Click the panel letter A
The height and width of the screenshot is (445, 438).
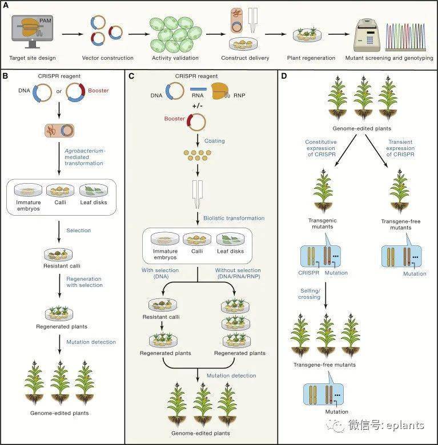(x=5, y=5)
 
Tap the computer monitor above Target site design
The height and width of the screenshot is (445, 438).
(x=32, y=31)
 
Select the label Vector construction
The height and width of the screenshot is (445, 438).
(x=108, y=58)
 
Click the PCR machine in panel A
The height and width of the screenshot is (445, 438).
(x=367, y=35)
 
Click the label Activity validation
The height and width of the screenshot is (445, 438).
(x=175, y=58)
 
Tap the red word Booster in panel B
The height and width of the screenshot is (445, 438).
(x=98, y=91)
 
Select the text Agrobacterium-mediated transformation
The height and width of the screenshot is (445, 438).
(x=85, y=157)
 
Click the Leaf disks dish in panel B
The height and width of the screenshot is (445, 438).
(x=94, y=190)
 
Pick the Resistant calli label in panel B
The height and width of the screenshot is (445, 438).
(x=62, y=266)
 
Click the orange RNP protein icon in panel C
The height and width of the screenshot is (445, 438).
(x=220, y=91)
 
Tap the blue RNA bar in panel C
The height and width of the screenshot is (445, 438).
(x=198, y=89)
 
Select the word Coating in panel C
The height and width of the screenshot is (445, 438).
(x=215, y=141)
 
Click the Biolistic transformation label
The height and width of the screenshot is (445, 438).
(x=234, y=219)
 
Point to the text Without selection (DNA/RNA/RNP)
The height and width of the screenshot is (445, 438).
(x=238, y=273)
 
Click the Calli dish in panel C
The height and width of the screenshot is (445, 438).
(x=197, y=239)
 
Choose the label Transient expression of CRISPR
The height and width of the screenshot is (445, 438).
(x=400, y=148)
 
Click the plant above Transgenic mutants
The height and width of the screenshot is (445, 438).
(x=323, y=191)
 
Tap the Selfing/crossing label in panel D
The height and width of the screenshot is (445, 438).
(x=310, y=294)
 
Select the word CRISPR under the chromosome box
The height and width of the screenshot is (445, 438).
(x=308, y=273)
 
